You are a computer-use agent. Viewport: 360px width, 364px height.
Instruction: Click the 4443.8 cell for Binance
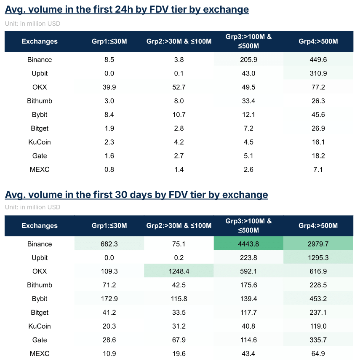click(x=248, y=244)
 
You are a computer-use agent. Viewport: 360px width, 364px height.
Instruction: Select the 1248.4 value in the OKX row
click(x=179, y=271)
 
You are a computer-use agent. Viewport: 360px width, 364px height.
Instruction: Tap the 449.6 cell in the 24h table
click(x=318, y=60)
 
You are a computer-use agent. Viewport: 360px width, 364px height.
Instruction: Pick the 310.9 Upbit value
click(x=318, y=73)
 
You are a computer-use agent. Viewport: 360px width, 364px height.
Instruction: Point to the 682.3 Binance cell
click(x=109, y=244)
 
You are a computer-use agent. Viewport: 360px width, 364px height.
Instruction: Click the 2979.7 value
click(x=318, y=244)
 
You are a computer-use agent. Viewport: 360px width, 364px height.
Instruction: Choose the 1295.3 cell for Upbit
click(x=318, y=258)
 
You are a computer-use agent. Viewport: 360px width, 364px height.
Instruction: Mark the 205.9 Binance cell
click(x=248, y=60)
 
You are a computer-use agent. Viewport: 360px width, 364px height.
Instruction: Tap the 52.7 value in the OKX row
click(x=179, y=87)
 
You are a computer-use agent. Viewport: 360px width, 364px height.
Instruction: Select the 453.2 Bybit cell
click(x=318, y=299)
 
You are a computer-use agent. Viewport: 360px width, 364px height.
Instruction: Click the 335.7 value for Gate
click(x=318, y=340)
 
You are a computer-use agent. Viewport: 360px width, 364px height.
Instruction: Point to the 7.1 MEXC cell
click(x=318, y=169)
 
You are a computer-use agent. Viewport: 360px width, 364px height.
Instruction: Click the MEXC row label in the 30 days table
click(x=40, y=353)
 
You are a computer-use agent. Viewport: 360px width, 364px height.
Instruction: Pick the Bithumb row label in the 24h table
click(x=40, y=101)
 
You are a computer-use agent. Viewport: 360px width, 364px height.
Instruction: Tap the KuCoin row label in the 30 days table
click(x=40, y=326)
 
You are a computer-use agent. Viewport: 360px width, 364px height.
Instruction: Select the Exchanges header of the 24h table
click(x=40, y=41)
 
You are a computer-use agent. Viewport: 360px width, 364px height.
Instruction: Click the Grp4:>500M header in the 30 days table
click(x=318, y=225)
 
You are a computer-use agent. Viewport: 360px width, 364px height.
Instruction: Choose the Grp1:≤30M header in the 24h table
click(x=109, y=41)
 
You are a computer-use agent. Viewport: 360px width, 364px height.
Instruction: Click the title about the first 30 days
click(x=136, y=195)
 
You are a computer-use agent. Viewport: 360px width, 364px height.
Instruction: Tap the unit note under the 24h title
click(x=32, y=24)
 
